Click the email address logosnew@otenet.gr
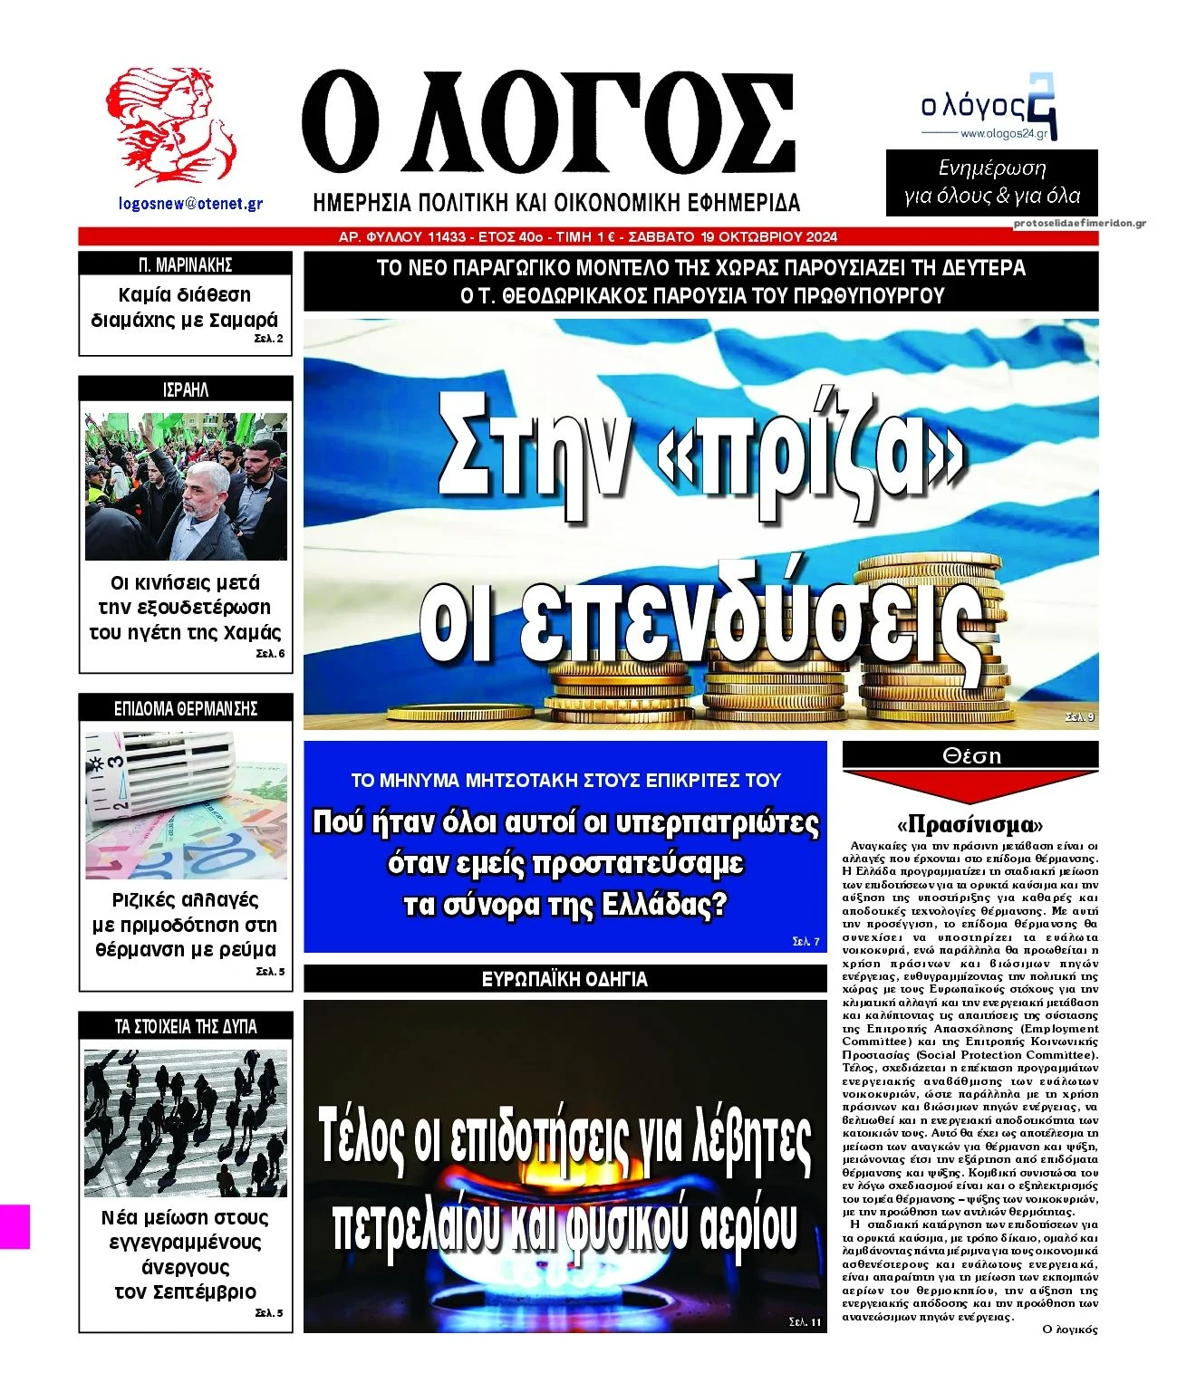(190, 204)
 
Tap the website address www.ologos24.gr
(1003, 134)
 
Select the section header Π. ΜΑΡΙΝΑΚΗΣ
(186, 264)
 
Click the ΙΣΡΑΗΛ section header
(186, 389)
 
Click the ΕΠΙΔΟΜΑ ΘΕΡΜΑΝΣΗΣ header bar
(186, 708)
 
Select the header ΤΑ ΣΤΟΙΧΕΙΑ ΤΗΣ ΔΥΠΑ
(186, 1026)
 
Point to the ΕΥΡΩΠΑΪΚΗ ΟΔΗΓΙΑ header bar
(564, 979)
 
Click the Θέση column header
(970, 755)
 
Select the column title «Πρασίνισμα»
(970, 824)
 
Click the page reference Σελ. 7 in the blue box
(805, 942)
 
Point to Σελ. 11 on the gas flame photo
(805, 1322)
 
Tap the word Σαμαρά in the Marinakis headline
(243, 320)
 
